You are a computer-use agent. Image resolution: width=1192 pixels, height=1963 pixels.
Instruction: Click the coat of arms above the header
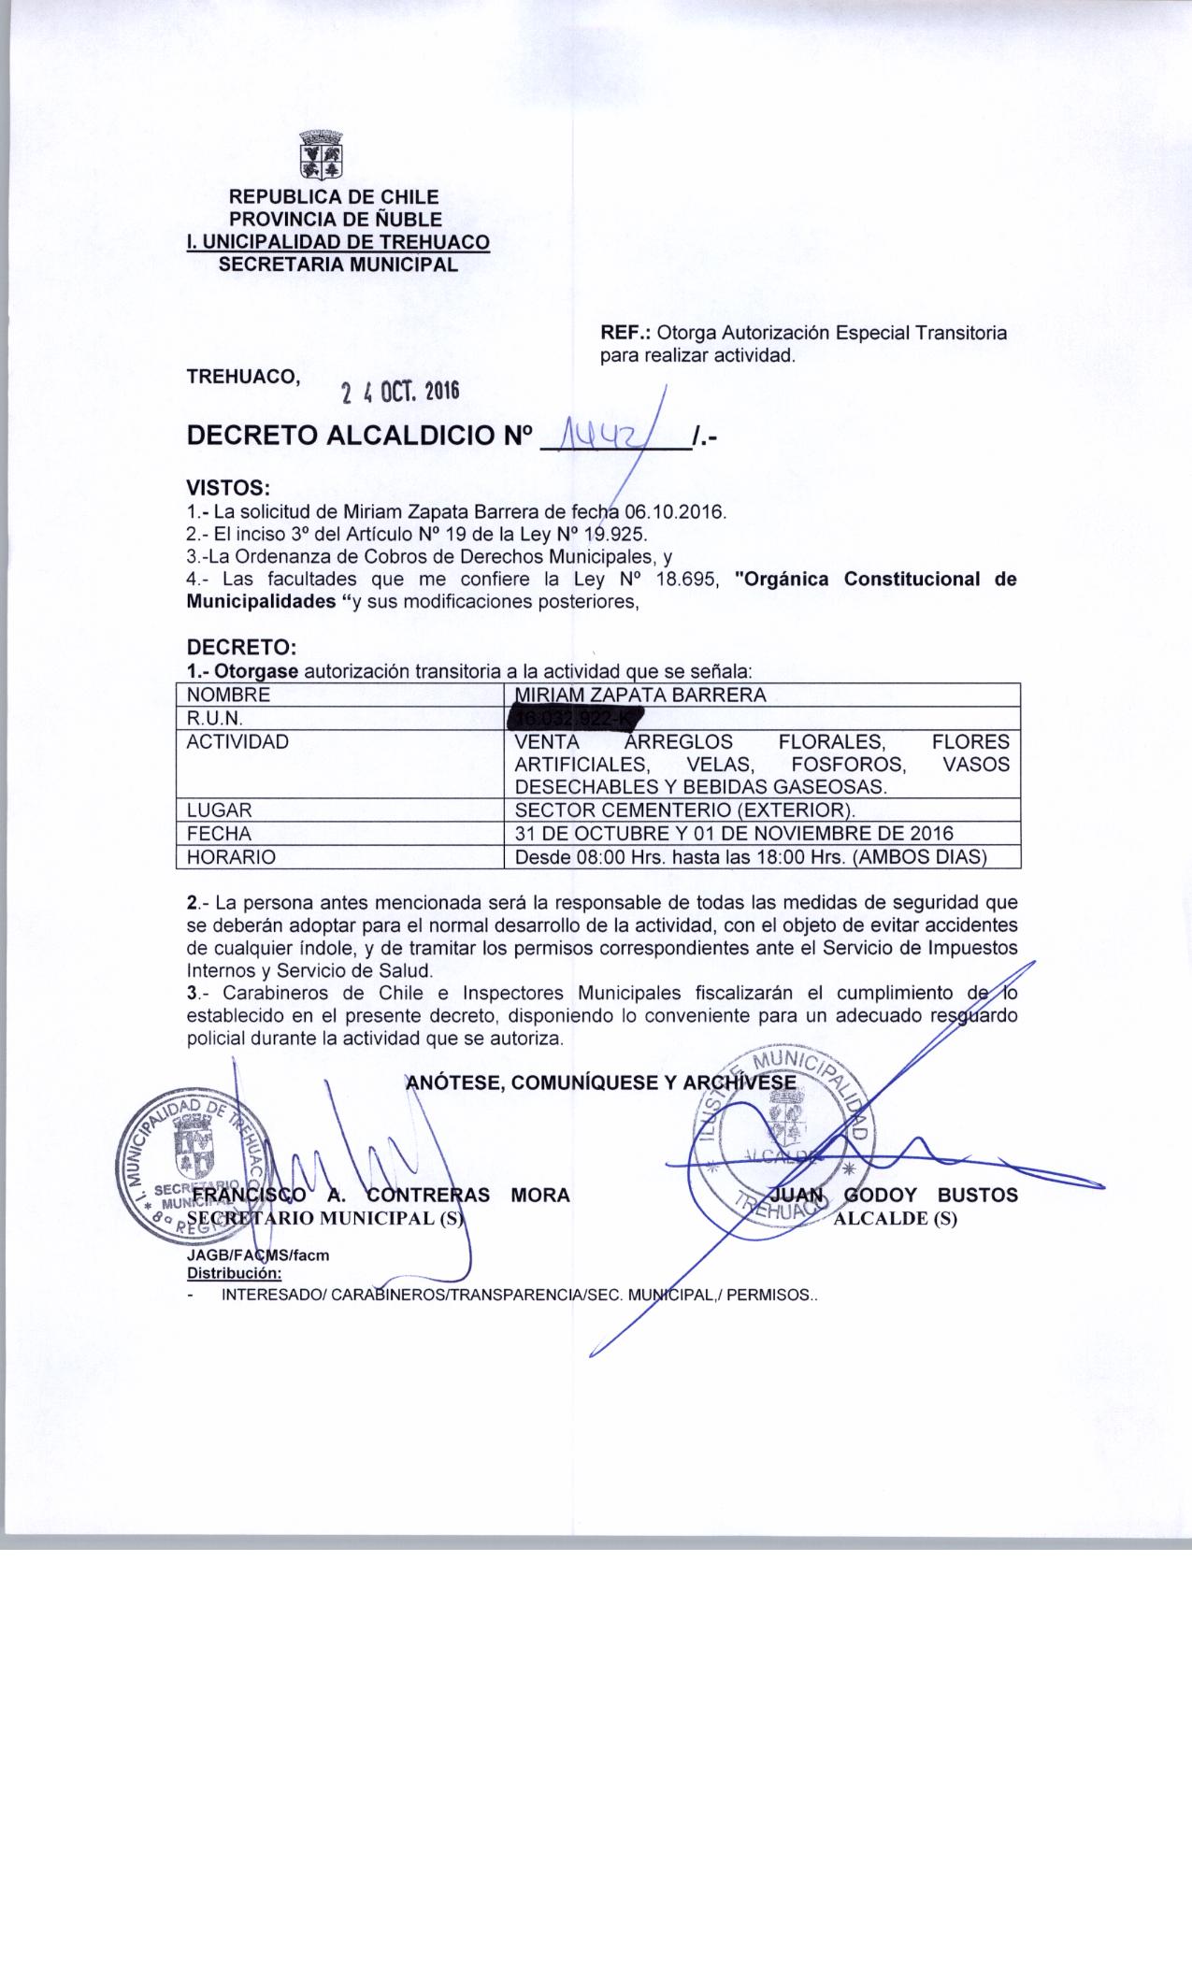pyautogui.click(x=320, y=157)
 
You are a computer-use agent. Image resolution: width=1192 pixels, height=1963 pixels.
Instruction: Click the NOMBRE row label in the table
pyautogui.click(x=229, y=695)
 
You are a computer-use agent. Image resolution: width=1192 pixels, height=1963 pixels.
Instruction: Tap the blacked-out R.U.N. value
pyautogui.click(x=575, y=718)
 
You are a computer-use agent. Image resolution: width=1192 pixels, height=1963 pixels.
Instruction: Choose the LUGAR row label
pyautogui.click(x=220, y=810)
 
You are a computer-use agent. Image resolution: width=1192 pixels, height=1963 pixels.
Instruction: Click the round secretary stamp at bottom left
pyautogui.click(x=198, y=1165)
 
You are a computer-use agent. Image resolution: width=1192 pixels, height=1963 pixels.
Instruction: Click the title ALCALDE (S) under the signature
pyautogui.click(x=895, y=1219)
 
